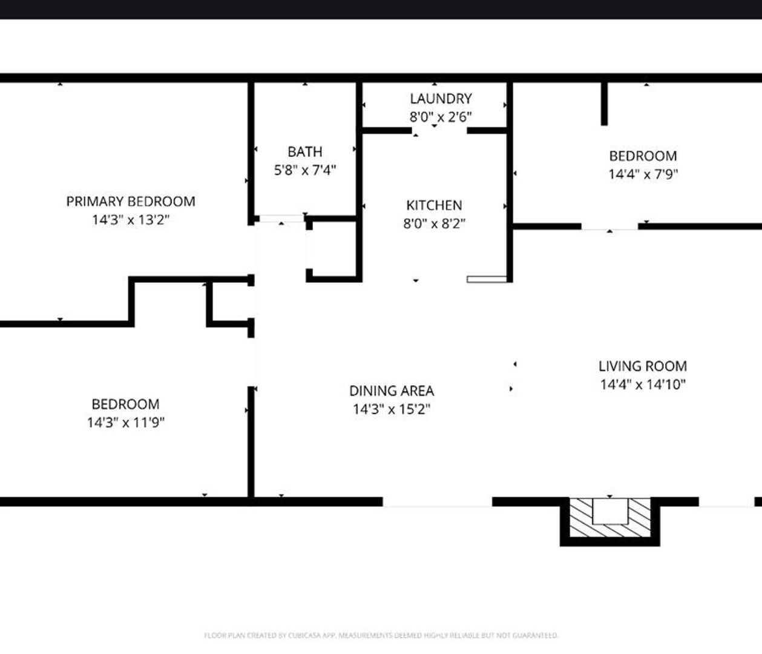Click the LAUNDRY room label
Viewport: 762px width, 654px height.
click(440, 99)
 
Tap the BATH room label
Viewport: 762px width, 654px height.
click(304, 152)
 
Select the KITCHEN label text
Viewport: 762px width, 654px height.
click(434, 205)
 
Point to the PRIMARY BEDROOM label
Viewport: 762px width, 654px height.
click(131, 201)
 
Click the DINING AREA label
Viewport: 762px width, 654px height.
click(392, 391)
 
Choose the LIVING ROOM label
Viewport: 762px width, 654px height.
click(642, 366)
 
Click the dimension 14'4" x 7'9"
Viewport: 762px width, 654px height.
click(643, 174)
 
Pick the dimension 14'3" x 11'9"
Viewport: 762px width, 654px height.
click(126, 422)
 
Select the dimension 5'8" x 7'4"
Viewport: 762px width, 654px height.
click(304, 170)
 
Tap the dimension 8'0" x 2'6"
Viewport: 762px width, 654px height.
click(440, 117)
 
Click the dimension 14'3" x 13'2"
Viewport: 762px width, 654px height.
click(131, 219)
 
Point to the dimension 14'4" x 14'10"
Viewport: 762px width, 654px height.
click(642, 385)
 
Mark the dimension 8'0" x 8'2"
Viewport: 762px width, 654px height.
click(434, 223)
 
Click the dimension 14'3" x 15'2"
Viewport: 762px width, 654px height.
click(392, 409)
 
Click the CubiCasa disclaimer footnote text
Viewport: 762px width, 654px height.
click(381, 635)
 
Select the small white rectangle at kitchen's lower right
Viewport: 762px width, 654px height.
click(487, 279)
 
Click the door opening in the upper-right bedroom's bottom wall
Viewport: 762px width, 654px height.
click(609, 226)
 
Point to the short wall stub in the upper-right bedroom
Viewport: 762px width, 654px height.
click(604, 103)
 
